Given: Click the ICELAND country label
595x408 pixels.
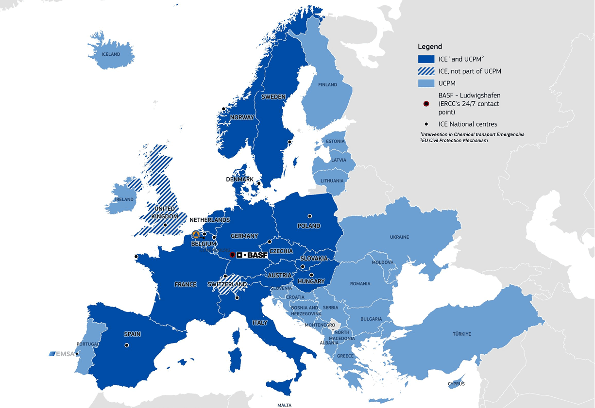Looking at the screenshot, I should coord(111,54).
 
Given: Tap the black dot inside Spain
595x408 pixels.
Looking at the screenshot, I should coord(126,345).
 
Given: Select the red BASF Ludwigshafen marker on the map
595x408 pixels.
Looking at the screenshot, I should coord(232,255).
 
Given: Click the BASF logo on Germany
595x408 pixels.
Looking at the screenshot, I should coord(252,255).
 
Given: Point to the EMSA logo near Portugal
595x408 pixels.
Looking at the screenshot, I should coord(61,354).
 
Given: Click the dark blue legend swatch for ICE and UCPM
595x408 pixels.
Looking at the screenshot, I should coord(426,59).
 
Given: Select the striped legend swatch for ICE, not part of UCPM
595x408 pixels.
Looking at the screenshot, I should coord(426,71).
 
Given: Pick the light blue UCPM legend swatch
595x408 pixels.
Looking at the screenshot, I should coord(426,83).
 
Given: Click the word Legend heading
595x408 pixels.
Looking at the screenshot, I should coord(430,47).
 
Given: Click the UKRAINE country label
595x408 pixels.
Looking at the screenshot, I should coord(399,237).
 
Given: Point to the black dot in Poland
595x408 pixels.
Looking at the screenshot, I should coord(309,216).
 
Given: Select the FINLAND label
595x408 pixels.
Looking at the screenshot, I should coord(327,85).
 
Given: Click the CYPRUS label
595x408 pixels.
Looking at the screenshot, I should coord(456,384).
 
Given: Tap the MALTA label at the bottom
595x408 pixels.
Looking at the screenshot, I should coord(284,405).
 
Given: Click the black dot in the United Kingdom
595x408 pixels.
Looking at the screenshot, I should coord(165,225).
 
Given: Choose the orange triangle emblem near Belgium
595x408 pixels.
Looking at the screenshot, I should coord(196,234).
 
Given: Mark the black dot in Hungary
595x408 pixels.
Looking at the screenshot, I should coord(311,275).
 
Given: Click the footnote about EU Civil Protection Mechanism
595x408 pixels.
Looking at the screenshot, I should coord(454,141).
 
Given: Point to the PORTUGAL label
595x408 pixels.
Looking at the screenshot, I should coord(87,344).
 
